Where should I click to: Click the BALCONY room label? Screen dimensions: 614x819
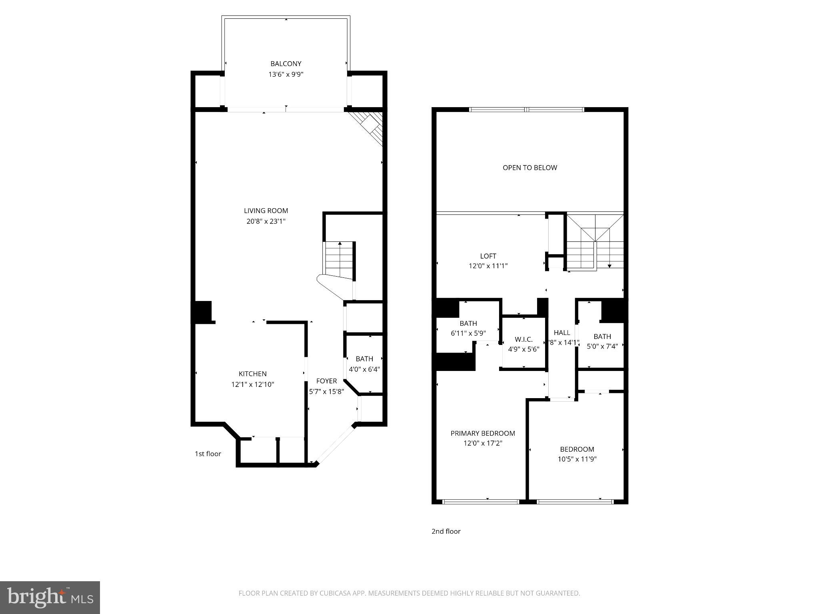[x=286, y=64]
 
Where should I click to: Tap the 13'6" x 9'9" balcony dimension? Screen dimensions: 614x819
[x=286, y=74]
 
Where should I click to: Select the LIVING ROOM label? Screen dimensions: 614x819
[x=266, y=211]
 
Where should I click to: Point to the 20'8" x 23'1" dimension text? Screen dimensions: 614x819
[x=266, y=221]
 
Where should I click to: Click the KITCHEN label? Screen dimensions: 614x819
[x=252, y=374]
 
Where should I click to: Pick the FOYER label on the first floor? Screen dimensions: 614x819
[x=326, y=381]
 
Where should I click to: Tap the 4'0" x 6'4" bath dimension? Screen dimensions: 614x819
[x=364, y=369]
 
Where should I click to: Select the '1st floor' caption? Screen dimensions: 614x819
[x=208, y=454]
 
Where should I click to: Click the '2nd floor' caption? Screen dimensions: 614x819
[x=446, y=531]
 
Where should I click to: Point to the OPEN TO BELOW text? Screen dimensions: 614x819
[x=529, y=167]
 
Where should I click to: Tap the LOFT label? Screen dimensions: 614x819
[x=488, y=256]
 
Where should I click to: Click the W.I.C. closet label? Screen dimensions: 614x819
[x=523, y=339]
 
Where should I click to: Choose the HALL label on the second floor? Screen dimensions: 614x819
[x=561, y=332]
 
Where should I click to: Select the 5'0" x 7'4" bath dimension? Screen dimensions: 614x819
[x=602, y=347]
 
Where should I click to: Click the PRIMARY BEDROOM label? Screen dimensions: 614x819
[x=483, y=433]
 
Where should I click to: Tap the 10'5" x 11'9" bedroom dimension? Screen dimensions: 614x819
[x=577, y=459]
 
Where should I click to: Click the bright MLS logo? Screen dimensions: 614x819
[x=50, y=598]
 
